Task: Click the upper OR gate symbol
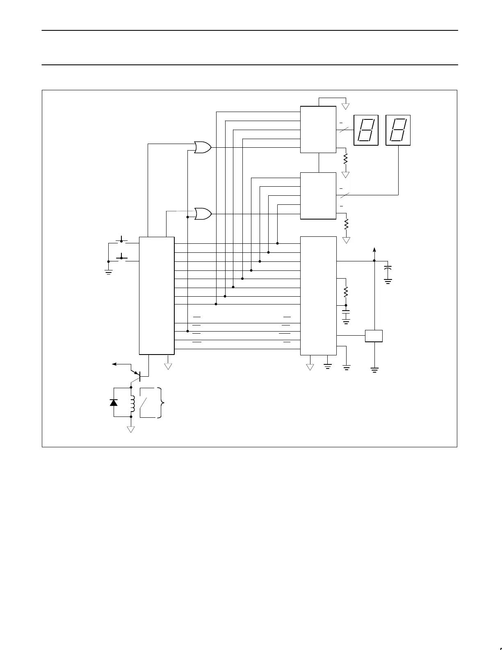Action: (x=203, y=147)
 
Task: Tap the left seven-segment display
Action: (x=366, y=130)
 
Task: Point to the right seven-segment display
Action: (x=398, y=130)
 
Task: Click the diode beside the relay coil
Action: (x=114, y=402)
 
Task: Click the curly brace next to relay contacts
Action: (x=163, y=403)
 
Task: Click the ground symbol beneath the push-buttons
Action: (x=109, y=271)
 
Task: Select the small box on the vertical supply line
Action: (x=374, y=336)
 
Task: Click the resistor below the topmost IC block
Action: (x=346, y=158)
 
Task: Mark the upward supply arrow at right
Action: (x=374, y=250)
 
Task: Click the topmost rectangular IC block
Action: (x=318, y=129)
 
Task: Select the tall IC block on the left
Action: (x=157, y=295)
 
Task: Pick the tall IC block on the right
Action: (x=318, y=295)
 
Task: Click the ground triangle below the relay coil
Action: (x=131, y=429)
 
